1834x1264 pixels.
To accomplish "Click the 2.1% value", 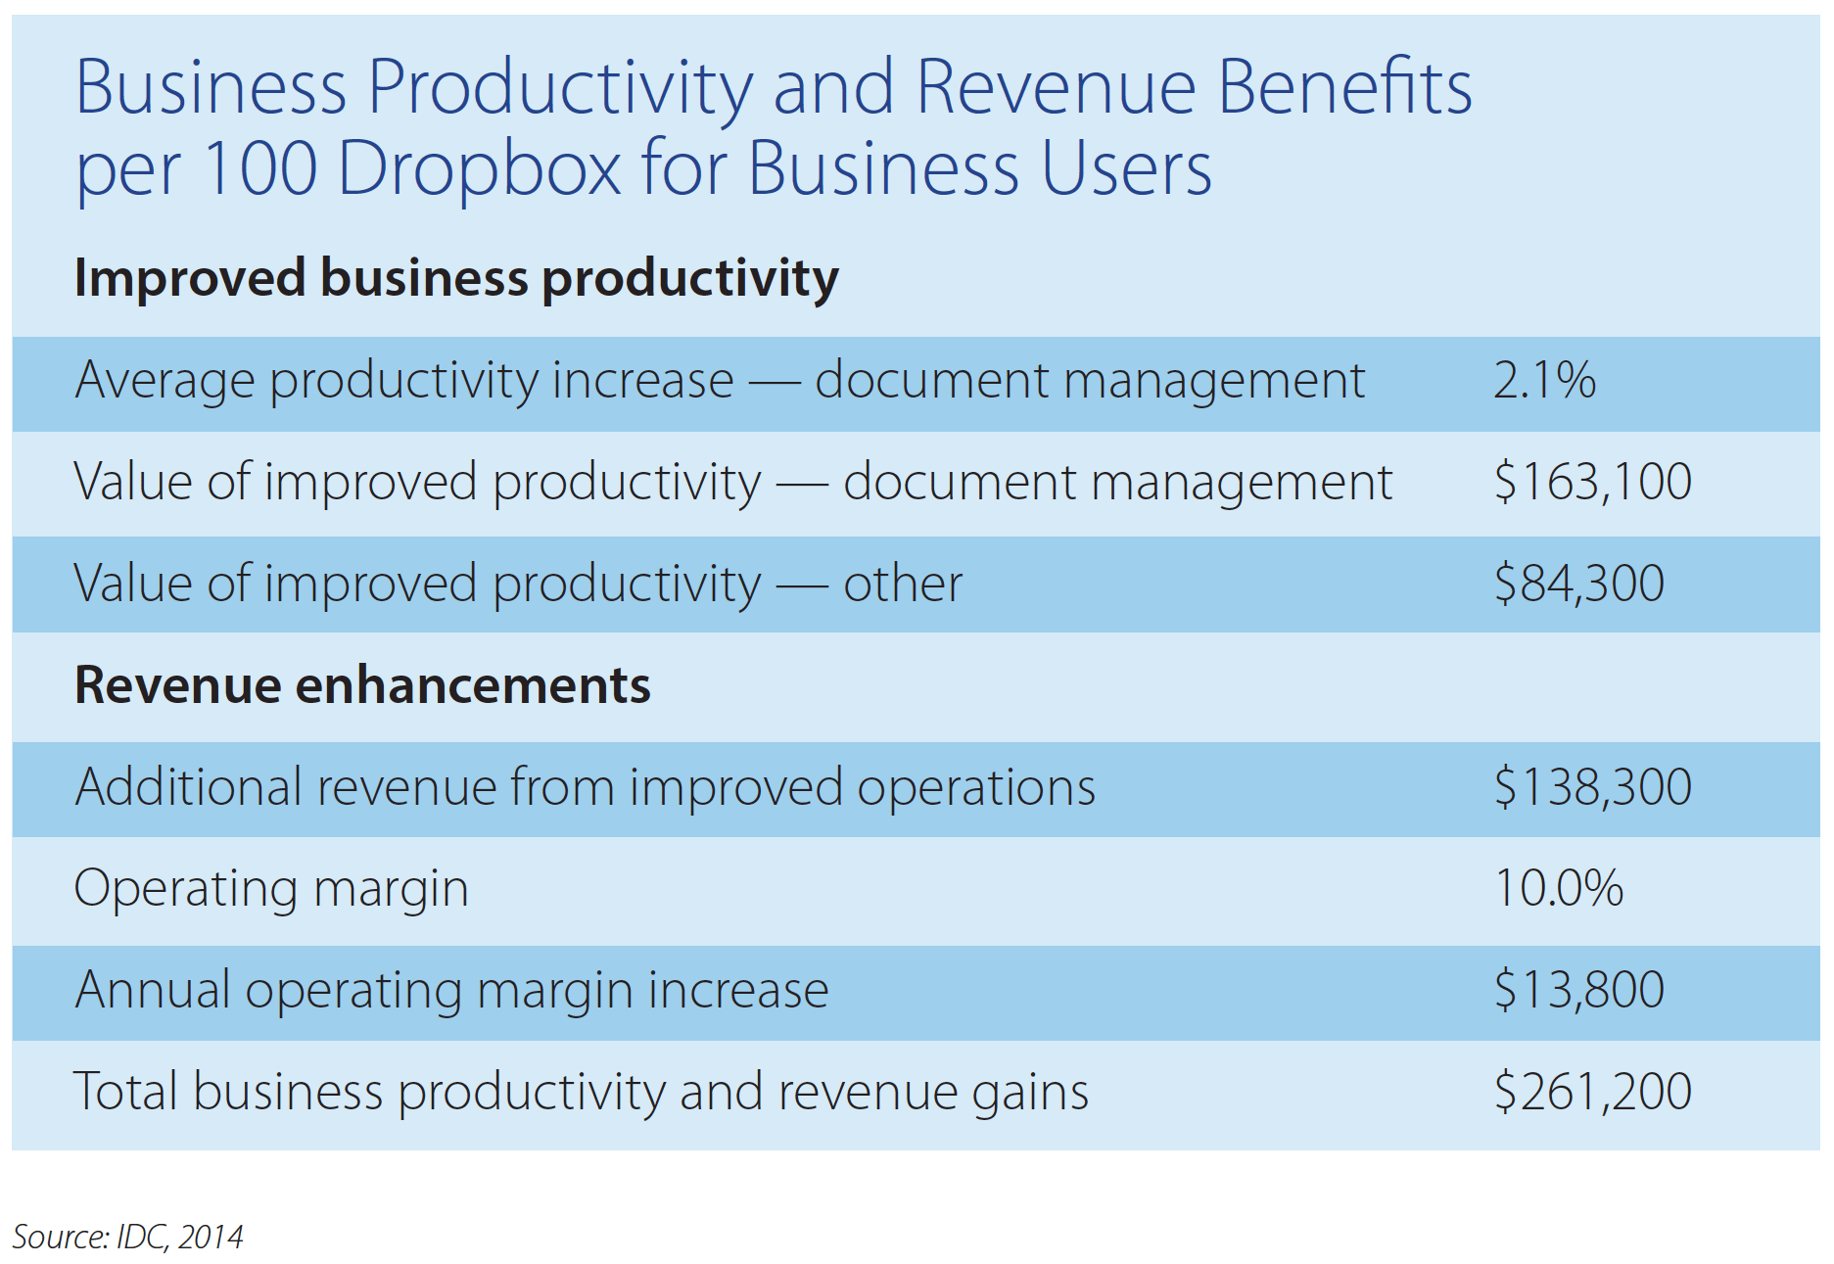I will pos(1544,380).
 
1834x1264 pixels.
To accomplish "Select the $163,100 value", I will pos(1592,482).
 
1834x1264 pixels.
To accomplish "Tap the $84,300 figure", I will pos(1578,584).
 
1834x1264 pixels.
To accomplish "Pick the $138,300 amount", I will pos(1592,787).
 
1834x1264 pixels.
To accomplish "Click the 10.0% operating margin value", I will pos(1558,888).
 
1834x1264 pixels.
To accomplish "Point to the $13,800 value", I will pos(1578,990).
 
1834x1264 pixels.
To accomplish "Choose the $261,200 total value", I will pos(1592,1092).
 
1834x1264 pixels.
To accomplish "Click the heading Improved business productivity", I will pos(456,278).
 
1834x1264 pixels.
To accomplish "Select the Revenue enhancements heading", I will pos(362,684).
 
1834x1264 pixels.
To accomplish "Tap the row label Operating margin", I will pos(271,888).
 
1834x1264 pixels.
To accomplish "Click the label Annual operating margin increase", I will pos(451,990).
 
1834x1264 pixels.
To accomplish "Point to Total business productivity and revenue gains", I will pos(581,1092).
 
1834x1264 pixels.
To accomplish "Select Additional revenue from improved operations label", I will pos(585,787).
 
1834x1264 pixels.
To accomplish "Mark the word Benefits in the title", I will pos(1345,87).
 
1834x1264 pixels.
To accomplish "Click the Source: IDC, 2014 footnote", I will pos(127,1237).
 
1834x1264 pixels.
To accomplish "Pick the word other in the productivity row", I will pos(903,584).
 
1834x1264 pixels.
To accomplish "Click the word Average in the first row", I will pos(164,380).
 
